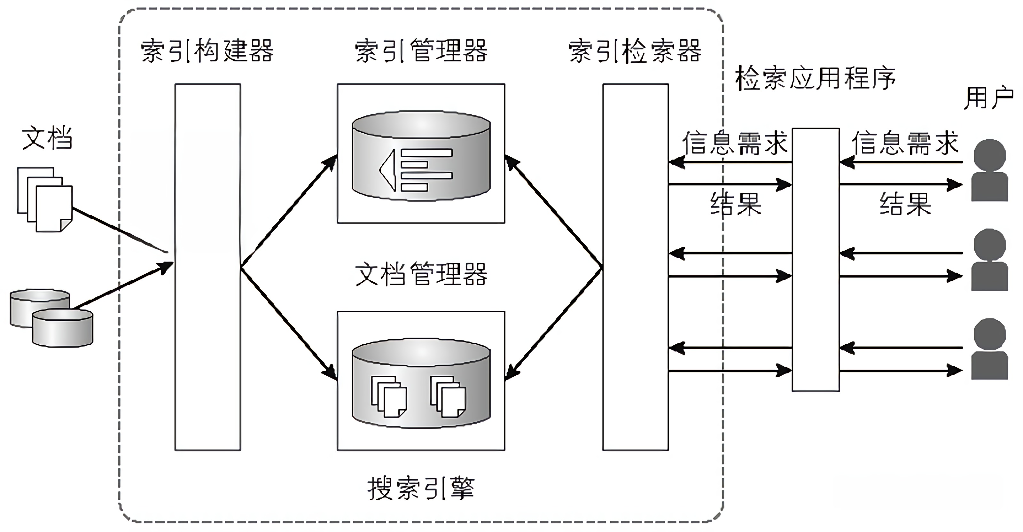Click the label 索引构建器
point(207,51)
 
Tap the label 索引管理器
point(421,51)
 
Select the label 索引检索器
point(635,51)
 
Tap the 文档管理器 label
point(421,274)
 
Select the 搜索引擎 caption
point(421,488)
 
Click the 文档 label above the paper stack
point(47,138)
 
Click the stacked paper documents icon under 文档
point(45,199)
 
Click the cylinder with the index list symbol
point(421,156)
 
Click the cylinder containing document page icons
point(421,383)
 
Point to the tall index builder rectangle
point(208,267)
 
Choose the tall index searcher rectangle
point(636,267)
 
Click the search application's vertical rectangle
point(816,260)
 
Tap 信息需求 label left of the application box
point(735,143)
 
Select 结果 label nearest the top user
point(905,204)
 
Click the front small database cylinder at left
point(62,328)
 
